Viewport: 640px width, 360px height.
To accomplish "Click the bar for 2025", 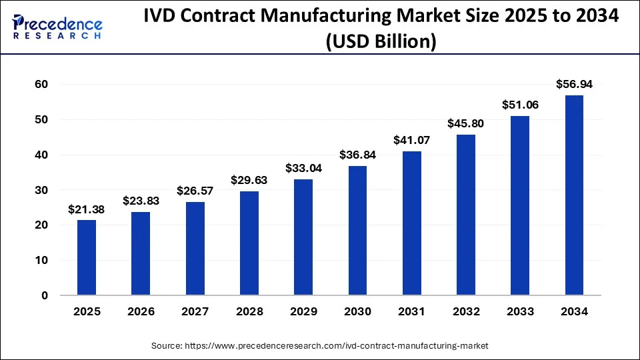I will (87, 257).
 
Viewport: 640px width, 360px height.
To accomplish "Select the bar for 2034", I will (574, 195).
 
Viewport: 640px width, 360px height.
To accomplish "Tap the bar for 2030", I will (357, 231).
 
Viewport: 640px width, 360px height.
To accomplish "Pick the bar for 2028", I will (249, 243).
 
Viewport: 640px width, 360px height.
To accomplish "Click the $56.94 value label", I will (574, 84).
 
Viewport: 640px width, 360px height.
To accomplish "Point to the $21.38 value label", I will (87, 209).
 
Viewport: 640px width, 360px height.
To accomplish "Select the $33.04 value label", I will (303, 168).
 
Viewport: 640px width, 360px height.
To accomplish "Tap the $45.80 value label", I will (466, 123).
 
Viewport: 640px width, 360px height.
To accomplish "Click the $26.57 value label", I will (195, 191).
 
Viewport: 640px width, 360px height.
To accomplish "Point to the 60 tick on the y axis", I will (41, 84).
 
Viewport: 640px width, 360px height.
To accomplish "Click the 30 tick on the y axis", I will (41, 190).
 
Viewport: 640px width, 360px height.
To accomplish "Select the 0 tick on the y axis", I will (45, 295).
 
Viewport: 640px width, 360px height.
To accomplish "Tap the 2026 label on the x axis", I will (141, 311).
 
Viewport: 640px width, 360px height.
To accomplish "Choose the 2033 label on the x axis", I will (520, 311).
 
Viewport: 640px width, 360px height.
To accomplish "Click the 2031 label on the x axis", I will (411, 311).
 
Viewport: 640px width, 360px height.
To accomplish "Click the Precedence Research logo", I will (57, 26).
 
